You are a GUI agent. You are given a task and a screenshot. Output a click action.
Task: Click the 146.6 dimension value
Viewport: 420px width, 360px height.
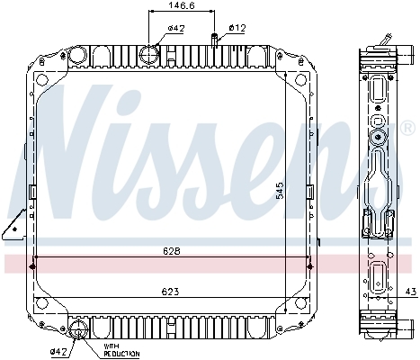pyautogui.click(x=182, y=5)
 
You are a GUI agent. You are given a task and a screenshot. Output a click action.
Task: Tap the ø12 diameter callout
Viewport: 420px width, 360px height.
pyautogui.click(x=237, y=28)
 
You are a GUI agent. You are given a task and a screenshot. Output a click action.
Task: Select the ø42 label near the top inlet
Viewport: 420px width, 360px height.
pyautogui.click(x=176, y=28)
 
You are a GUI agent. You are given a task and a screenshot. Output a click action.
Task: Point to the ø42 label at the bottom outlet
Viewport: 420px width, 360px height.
pyautogui.click(x=59, y=351)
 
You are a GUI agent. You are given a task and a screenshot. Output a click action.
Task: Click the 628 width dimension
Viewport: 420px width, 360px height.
pyautogui.click(x=172, y=251)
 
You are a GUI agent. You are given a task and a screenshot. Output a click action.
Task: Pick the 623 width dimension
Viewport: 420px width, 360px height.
pyautogui.click(x=170, y=292)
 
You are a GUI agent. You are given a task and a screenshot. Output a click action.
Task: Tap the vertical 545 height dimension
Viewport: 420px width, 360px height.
pyautogui.click(x=280, y=190)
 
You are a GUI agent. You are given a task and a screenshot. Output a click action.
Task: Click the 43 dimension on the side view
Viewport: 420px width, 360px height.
pyautogui.click(x=411, y=292)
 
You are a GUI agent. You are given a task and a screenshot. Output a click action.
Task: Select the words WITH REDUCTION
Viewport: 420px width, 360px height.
pyautogui.click(x=121, y=350)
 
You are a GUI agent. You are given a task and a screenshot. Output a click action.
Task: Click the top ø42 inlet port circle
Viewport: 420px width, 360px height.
pyautogui.click(x=149, y=55)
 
